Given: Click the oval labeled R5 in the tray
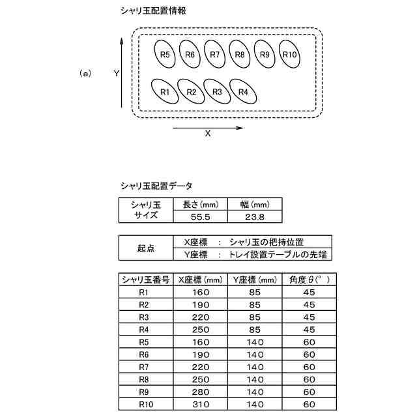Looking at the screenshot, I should click(x=165, y=54).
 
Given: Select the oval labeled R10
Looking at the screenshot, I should click(x=290, y=54).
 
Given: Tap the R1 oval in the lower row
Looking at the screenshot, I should click(x=165, y=92).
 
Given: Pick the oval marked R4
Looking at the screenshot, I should click(x=243, y=92).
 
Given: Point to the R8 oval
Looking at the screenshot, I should click(x=240, y=54).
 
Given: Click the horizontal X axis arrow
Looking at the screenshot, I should click(x=208, y=128).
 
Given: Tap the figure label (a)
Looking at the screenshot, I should click(x=85, y=74).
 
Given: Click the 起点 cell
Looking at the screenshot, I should click(x=147, y=248).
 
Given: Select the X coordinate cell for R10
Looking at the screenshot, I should click(x=201, y=405).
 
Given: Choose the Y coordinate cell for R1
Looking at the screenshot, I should click(x=255, y=292).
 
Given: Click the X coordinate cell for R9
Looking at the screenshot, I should click(x=201, y=392).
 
